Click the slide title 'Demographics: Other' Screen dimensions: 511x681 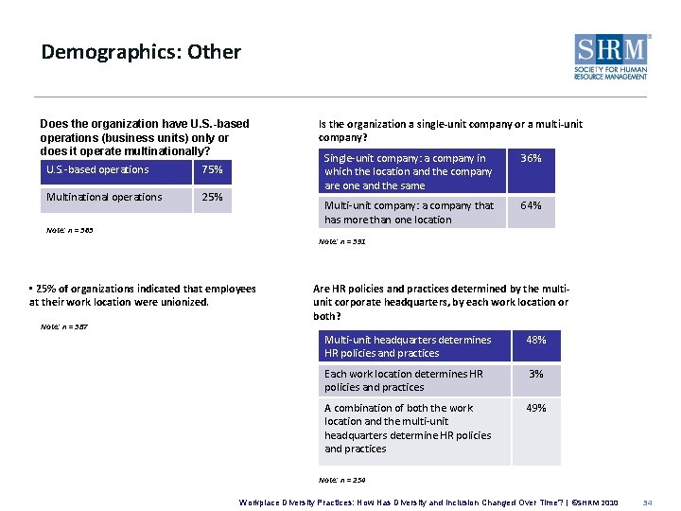tap(141, 52)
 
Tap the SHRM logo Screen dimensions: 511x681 tap(612, 57)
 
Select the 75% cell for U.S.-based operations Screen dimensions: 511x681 tap(212, 170)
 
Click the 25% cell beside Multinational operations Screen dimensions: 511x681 tap(212, 198)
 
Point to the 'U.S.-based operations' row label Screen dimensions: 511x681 tap(97, 170)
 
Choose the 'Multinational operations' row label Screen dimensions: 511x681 tap(104, 198)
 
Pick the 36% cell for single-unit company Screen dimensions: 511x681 tap(532, 159)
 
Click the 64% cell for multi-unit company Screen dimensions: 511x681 tap(532, 205)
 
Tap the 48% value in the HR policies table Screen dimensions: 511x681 tap(536, 340)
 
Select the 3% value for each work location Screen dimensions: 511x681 tap(536, 374)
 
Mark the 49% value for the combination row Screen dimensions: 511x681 tap(536, 408)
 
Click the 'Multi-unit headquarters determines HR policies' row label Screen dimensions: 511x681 tap(408, 346)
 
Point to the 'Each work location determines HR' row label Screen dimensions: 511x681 tap(404, 380)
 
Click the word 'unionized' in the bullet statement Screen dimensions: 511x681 tap(182, 303)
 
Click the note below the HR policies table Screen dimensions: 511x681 tap(341, 480)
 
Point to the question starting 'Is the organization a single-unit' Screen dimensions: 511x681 tap(450, 131)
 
